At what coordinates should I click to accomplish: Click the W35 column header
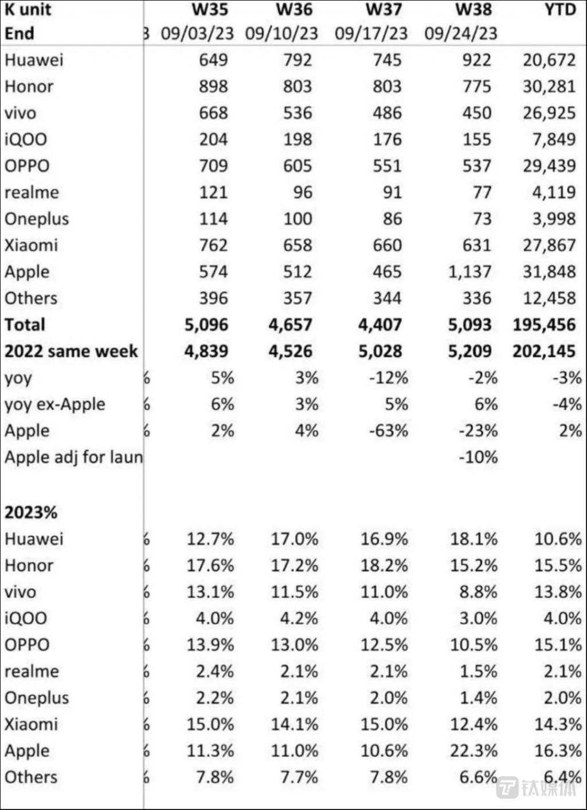point(209,10)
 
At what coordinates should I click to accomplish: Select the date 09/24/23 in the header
point(460,33)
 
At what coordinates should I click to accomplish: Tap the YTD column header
point(560,10)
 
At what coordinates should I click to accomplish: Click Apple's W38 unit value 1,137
point(469,271)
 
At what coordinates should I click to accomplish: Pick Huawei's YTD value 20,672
point(549,60)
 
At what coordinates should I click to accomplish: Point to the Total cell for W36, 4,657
point(290,325)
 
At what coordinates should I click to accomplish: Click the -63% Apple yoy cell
point(388,431)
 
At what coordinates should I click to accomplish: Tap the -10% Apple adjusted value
point(478,457)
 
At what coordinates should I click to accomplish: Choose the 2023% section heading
point(31,512)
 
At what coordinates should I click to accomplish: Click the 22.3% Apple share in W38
point(473,750)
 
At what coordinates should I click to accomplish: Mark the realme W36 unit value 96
point(303,192)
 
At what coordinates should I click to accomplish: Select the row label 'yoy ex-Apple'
point(55,404)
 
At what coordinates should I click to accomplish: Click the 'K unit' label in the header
point(28,10)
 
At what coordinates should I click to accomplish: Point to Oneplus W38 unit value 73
point(482,219)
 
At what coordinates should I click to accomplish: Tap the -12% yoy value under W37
point(388,378)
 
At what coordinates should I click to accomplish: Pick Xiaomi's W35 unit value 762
point(213,245)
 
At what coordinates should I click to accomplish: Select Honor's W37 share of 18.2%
point(384,566)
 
